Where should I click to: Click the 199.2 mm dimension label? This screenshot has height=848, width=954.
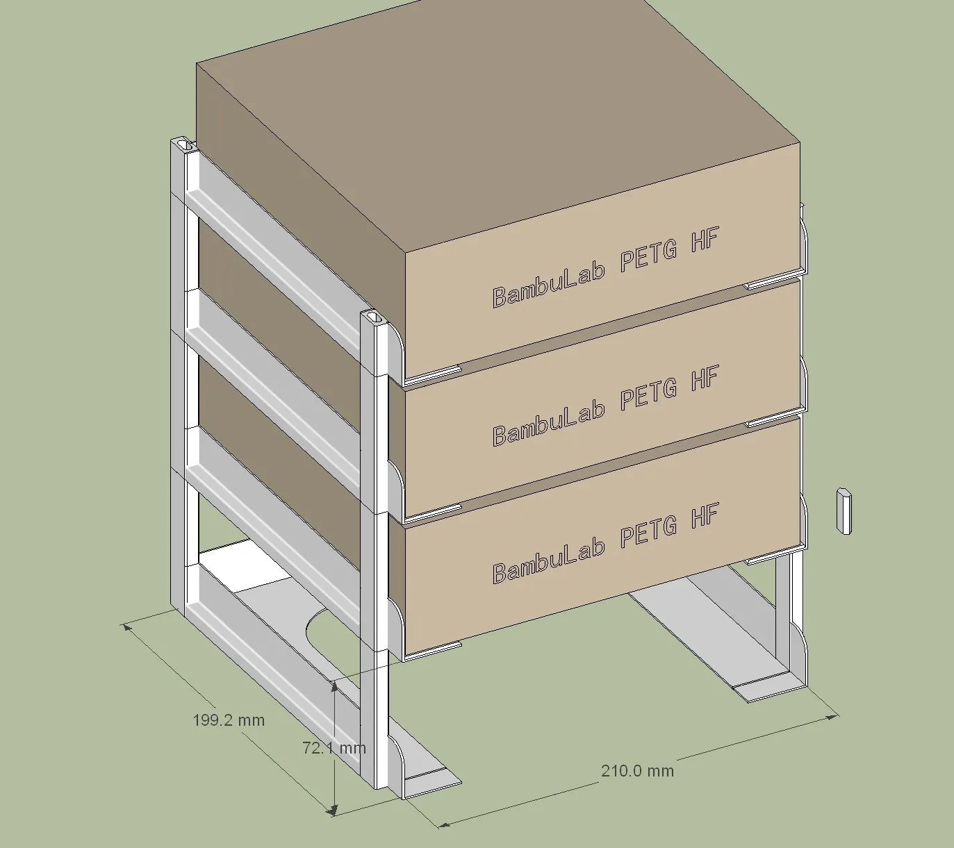pos(229,720)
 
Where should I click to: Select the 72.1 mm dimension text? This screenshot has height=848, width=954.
pos(334,748)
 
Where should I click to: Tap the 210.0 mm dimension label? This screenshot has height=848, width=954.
pos(637,771)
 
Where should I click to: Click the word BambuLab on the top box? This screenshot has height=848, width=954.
pos(549,286)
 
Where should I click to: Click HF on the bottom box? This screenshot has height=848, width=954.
pos(705,515)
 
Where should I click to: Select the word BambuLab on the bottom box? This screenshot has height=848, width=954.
pos(549,563)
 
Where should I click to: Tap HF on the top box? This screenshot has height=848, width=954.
pos(705,239)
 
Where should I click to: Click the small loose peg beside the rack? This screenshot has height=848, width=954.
pos(844,511)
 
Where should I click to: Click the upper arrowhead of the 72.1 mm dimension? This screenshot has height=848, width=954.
pos(334,687)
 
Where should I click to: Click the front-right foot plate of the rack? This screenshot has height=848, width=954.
pos(768,688)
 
